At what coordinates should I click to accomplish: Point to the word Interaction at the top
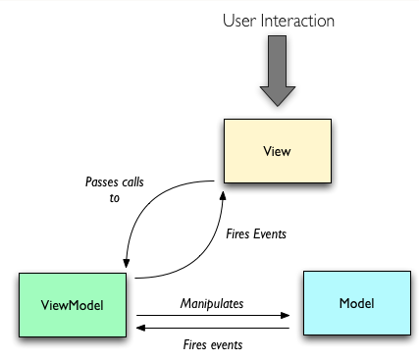click(x=299, y=20)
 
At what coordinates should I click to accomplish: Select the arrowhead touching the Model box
click(x=288, y=317)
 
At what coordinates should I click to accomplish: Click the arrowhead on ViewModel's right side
click(x=139, y=330)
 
